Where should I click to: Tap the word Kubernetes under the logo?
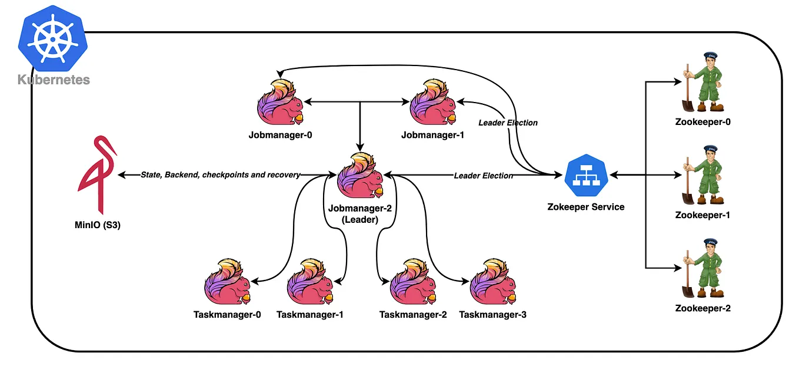[x=54, y=80]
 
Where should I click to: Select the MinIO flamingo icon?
[x=98, y=174]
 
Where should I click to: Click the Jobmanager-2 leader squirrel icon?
[x=360, y=176]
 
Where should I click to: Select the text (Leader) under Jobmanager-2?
[x=359, y=219]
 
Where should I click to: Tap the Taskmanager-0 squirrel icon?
[x=228, y=282]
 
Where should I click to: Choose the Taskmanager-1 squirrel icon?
[x=310, y=282]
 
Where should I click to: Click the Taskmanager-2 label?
[x=412, y=315]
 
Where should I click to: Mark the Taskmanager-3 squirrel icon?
[x=493, y=282]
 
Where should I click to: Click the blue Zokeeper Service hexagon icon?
[x=586, y=175]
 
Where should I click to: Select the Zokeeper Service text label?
[x=586, y=207]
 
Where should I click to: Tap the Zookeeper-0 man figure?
[x=702, y=83]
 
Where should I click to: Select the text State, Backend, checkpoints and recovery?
[x=221, y=175]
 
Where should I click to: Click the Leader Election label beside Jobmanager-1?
[x=508, y=123]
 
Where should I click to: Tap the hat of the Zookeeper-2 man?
[x=710, y=241]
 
